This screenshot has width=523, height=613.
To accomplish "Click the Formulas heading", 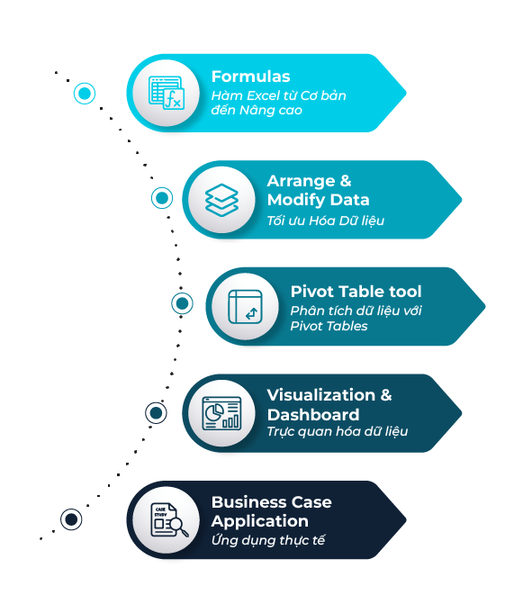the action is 250,77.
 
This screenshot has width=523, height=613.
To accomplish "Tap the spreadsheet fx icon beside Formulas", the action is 167,93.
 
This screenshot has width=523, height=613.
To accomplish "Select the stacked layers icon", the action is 221,200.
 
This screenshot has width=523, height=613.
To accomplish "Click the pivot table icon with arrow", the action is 245,307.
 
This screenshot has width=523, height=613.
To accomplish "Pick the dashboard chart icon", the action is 221,413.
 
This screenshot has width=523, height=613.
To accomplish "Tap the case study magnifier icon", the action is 169,520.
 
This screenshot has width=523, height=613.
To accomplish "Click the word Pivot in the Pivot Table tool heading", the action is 310,292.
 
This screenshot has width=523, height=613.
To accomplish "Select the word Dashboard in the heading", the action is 313,415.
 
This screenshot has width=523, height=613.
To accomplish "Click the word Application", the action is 260,521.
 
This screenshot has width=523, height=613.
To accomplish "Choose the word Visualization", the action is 321,395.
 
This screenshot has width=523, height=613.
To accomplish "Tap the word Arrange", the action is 301,182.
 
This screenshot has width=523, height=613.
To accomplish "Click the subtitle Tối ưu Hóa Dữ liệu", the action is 325,221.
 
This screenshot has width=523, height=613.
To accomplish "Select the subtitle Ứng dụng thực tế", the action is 268,540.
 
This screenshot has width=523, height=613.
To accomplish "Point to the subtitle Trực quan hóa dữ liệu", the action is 338,431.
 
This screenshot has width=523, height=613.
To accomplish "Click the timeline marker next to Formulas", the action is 85,94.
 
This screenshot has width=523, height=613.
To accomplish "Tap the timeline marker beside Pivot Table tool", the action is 182,303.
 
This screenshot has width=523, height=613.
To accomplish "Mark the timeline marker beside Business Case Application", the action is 71,519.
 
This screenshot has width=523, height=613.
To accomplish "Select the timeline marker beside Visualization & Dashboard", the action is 156,413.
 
